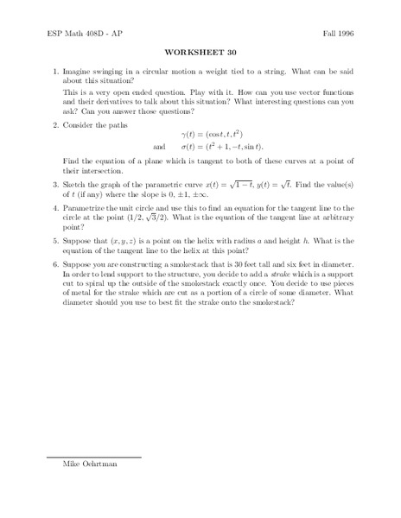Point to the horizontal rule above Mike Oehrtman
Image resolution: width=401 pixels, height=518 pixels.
click(93, 457)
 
